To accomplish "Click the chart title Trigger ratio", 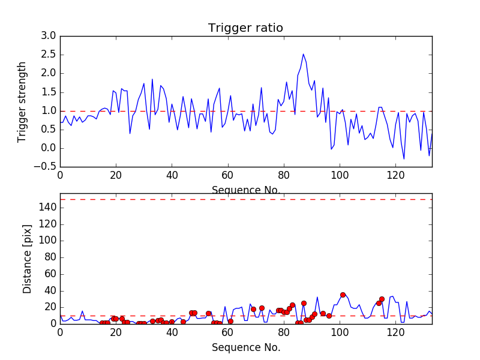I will pos(245,28).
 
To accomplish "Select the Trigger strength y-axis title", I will pos(22,101).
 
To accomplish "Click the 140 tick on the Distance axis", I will pos(47,208).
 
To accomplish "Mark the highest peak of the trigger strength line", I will pos(304,54).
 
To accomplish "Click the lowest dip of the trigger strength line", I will pos(404,158).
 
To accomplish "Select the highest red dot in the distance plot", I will pos(343,295).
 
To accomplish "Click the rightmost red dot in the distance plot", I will pos(382,299).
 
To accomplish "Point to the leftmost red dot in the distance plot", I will pos(102,323).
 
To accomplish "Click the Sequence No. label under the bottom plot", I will pos(246,347).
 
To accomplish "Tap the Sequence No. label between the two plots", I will pos(246,190).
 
